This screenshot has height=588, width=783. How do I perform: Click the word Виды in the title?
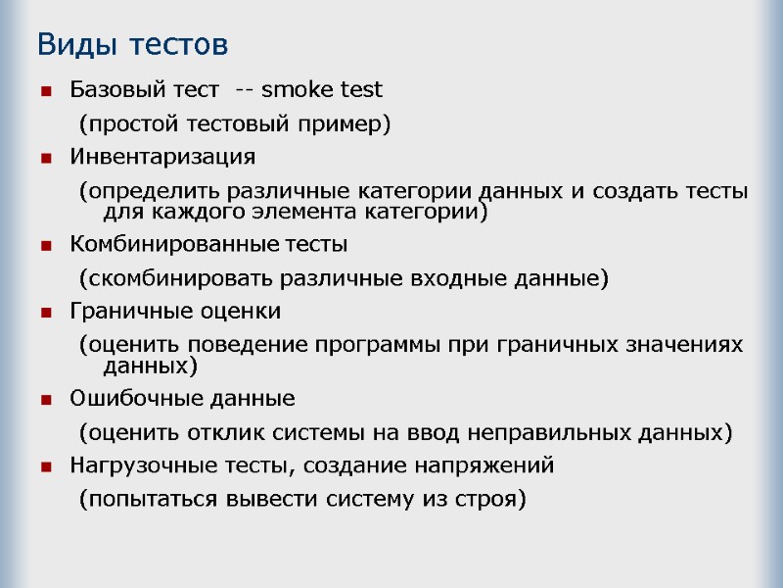[x=69, y=45]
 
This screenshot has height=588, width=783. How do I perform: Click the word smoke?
[x=299, y=91]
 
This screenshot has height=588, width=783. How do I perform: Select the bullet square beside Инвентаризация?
[x=45, y=158]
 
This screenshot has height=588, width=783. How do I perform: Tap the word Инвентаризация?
[x=162, y=157]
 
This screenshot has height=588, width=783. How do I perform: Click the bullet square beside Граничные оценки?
[x=45, y=313]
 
